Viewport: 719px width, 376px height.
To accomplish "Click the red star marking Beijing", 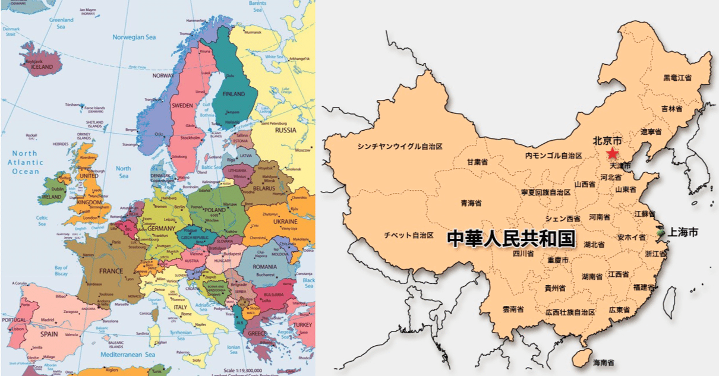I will (x=612, y=154).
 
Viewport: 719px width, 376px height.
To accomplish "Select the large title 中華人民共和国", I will (x=511, y=239).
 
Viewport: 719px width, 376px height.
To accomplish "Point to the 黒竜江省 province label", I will (x=677, y=78).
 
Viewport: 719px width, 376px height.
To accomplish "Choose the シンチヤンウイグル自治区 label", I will (x=400, y=146).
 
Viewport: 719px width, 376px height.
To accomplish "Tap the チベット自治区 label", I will (x=408, y=235).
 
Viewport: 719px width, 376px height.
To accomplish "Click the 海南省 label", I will (x=603, y=362).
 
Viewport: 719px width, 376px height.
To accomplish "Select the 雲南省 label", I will (x=512, y=309).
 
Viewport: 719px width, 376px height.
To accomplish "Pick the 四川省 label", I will (x=523, y=254).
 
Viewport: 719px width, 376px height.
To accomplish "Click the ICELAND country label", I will (x=42, y=67).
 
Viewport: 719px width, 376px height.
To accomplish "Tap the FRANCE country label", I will (x=111, y=271).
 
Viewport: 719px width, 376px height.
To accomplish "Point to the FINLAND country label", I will (x=234, y=94).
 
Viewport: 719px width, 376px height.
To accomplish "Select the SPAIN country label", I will (x=49, y=334).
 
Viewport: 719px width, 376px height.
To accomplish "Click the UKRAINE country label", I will (x=285, y=221).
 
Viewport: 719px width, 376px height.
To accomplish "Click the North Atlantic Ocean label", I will (x=26, y=162).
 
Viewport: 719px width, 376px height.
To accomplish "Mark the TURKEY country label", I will (x=302, y=325).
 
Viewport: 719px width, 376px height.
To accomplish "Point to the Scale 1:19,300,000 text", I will (x=240, y=369).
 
